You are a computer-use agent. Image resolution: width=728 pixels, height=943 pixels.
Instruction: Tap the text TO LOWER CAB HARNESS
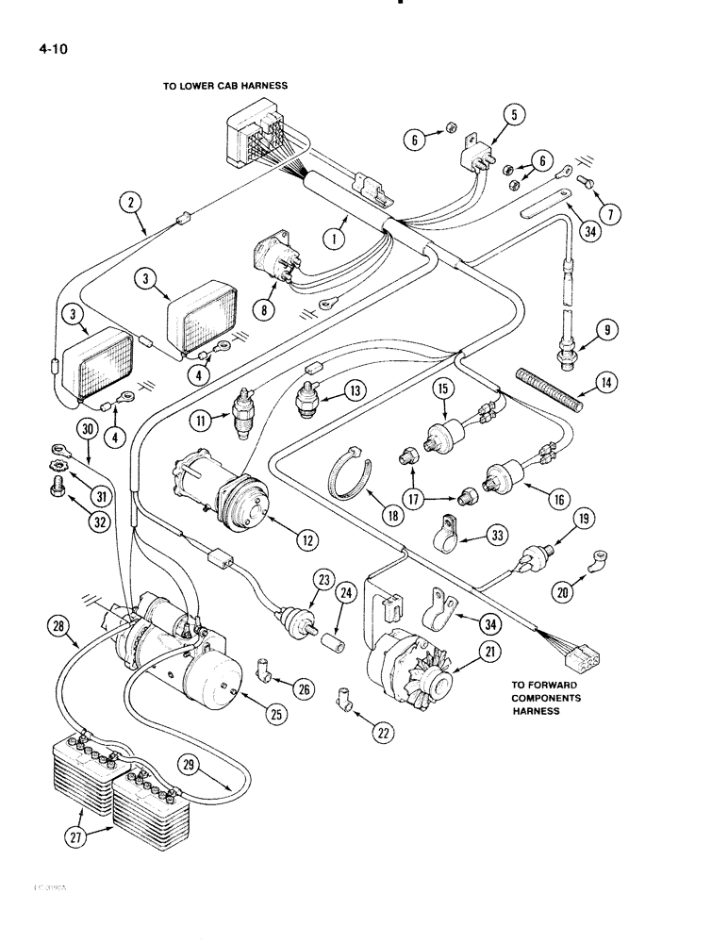point(224,86)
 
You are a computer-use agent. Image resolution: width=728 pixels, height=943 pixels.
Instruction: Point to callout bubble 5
point(513,116)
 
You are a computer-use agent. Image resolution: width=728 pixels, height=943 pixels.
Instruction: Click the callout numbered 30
point(87,429)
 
